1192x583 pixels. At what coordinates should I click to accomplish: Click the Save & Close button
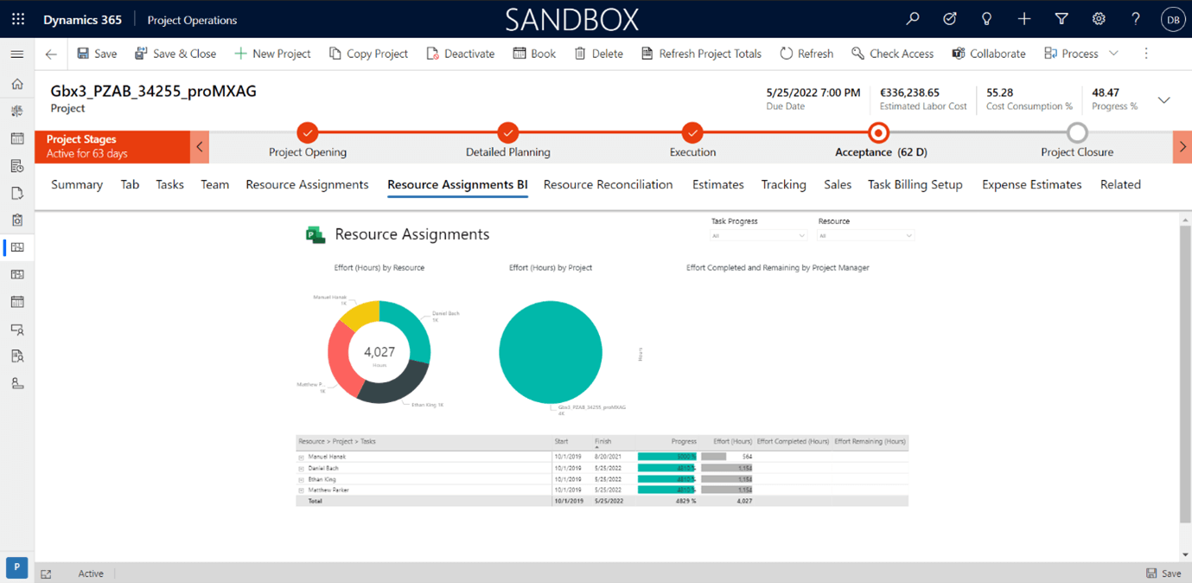(x=175, y=54)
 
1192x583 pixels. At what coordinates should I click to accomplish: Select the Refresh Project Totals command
(x=701, y=54)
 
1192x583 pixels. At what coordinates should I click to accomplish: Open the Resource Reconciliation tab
(x=608, y=184)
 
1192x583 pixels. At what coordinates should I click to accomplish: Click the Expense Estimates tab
(x=1031, y=184)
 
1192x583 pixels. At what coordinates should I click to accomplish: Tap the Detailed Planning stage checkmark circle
(x=508, y=132)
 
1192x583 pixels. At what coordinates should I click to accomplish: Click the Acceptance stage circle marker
(x=879, y=133)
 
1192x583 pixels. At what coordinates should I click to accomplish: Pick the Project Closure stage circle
(x=1077, y=133)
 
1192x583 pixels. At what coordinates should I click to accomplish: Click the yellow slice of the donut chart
(x=359, y=316)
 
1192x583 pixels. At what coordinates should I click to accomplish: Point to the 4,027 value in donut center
(x=379, y=352)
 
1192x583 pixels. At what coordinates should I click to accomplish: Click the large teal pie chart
(x=551, y=352)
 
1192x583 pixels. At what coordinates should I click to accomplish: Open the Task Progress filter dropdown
(x=758, y=235)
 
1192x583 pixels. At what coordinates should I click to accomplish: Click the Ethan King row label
(x=322, y=479)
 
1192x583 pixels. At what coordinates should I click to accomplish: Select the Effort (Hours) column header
(x=732, y=442)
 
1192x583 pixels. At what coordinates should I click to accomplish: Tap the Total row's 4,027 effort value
(x=743, y=501)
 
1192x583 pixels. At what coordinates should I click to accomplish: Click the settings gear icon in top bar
(x=1099, y=19)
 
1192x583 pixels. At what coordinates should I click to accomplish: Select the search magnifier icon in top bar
(x=913, y=19)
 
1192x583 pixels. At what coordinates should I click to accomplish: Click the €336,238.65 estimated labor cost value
(x=909, y=93)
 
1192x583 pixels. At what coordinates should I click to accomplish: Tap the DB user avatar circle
(x=1172, y=19)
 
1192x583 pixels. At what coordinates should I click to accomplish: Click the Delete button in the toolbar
(x=598, y=54)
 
